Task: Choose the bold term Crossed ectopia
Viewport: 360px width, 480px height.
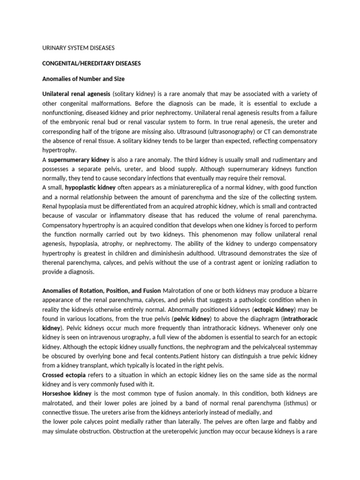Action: coord(60,376)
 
